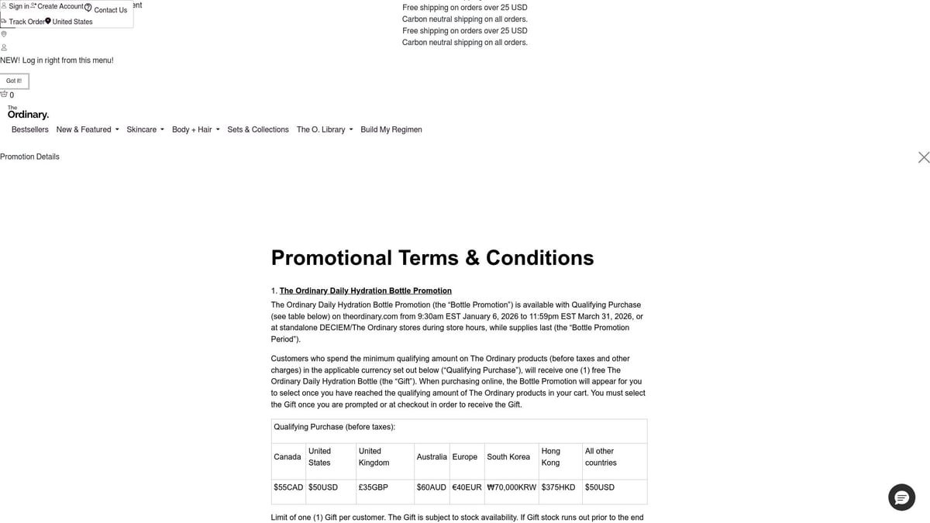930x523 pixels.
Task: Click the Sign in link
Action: click(x=19, y=6)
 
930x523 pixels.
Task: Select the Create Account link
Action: click(x=60, y=6)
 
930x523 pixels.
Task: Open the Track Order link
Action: click(x=26, y=22)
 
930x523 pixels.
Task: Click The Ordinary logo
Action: click(x=28, y=113)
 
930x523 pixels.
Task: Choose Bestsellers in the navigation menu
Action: click(x=30, y=129)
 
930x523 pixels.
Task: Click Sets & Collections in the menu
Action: click(x=258, y=129)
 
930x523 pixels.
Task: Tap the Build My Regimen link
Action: click(x=391, y=129)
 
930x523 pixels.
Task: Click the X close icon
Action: click(x=923, y=157)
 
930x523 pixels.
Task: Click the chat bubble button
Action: click(x=901, y=497)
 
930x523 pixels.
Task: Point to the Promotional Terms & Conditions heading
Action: click(x=432, y=258)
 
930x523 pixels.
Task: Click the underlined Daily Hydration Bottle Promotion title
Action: click(x=365, y=291)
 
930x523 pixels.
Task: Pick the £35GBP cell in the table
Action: click(x=374, y=487)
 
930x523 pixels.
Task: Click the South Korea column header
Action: click(x=508, y=457)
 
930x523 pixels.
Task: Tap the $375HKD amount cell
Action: click(x=558, y=487)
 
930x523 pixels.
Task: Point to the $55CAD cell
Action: click(x=288, y=487)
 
